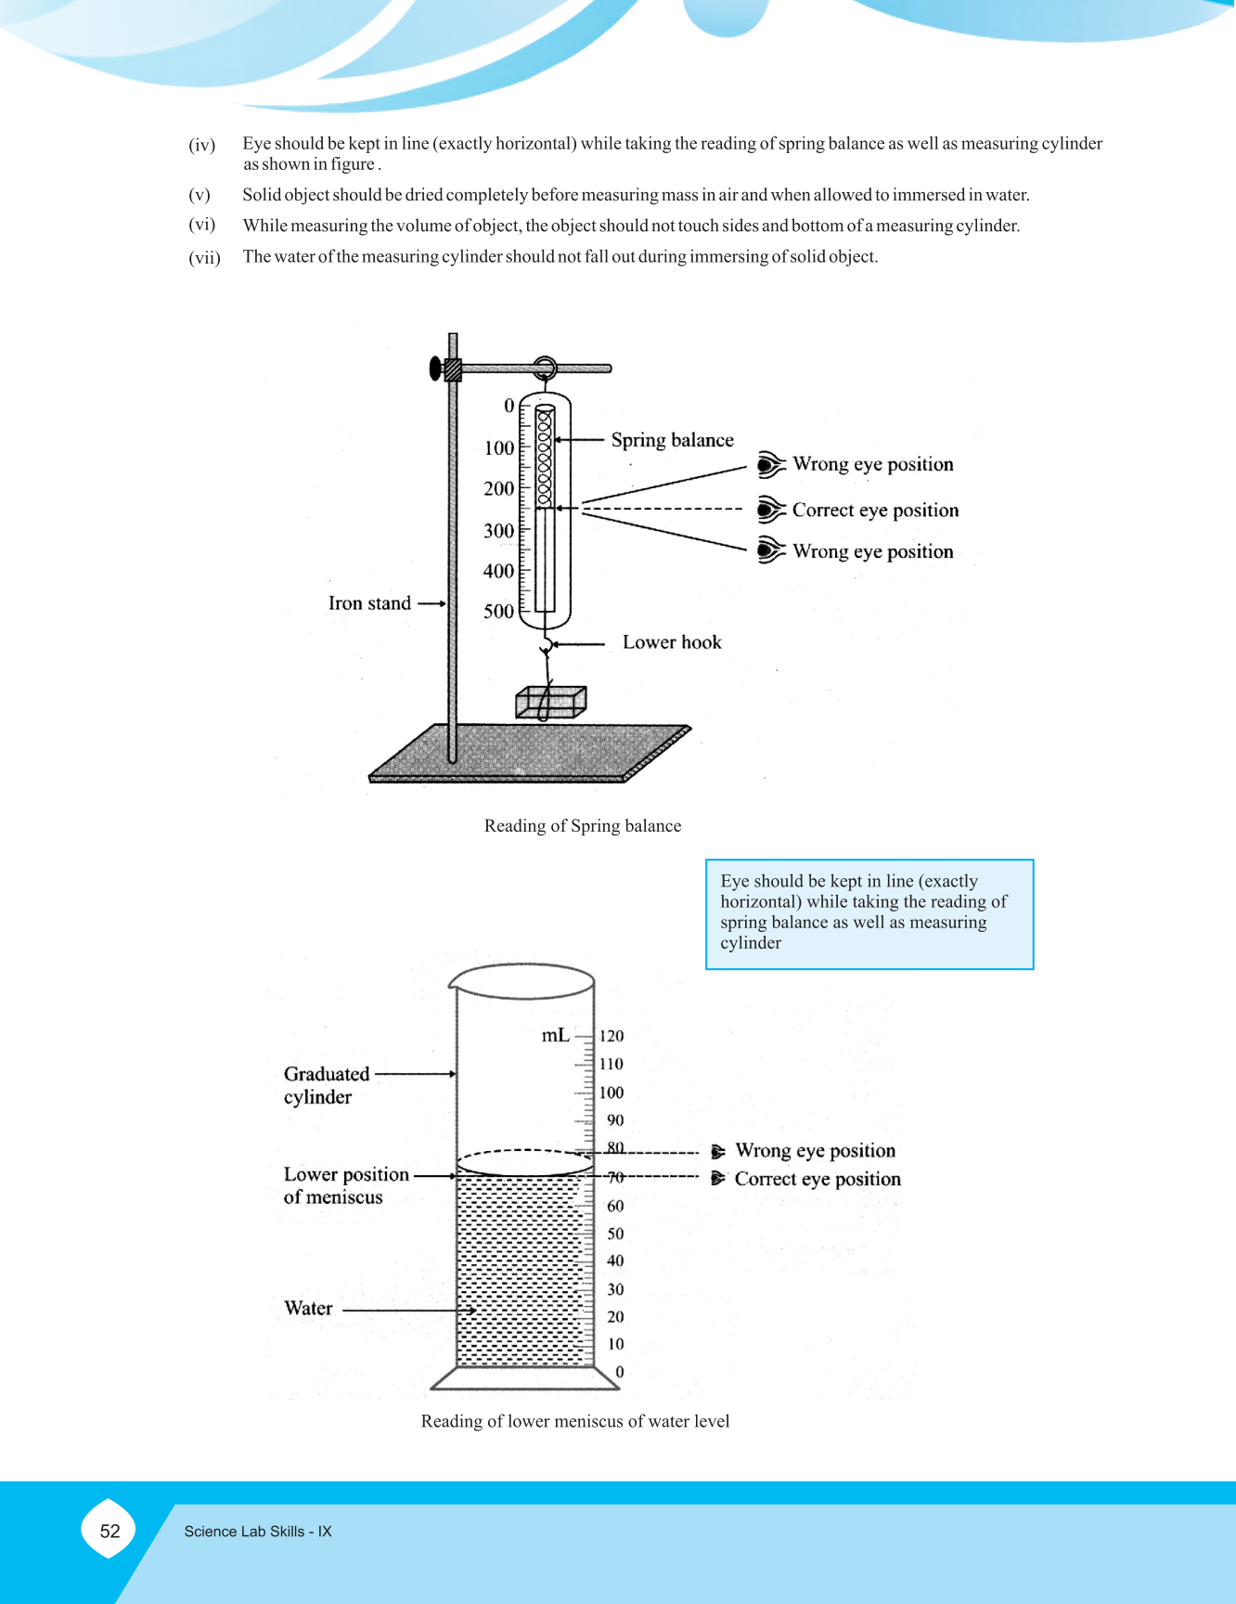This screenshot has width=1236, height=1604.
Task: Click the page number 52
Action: [x=109, y=1532]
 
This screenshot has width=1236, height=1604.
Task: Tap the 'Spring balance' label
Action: [x=672, y=440]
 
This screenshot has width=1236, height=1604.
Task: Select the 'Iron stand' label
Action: [x=369, y=603]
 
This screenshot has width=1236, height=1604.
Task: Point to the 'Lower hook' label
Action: [x=672, y=642]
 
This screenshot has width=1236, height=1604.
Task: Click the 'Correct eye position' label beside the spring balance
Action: [x=875, y=511]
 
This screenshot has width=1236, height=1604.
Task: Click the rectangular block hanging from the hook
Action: [x=551, y=703]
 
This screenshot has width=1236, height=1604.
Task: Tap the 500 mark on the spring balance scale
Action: [x=498, y=611]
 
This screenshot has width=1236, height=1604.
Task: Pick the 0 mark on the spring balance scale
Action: [x=509, y=406]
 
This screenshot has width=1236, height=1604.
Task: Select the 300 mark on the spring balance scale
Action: [x=498, y=530]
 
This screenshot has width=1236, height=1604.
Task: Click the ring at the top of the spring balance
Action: [x=545, y=368]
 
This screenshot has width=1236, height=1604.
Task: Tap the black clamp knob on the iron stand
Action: [x=435, y=369]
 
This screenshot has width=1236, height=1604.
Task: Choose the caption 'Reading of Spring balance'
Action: [x=583, y=826]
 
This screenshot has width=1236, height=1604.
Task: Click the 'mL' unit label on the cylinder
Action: [x=555, y=1035]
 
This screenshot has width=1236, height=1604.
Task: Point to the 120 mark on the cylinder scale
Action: [x=612, y=1036]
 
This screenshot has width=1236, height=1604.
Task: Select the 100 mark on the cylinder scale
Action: [x=612, y=1093]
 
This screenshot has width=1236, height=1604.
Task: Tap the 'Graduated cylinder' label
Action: [x=326, y=1085]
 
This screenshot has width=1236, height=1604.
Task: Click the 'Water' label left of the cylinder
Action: [x=308, y=1309]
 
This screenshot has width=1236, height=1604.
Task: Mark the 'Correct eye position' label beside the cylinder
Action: [x=818, y=1179]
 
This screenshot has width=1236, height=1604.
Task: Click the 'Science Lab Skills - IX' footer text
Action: [x=258, y=1532]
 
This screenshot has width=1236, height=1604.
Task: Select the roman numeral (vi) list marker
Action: [x=201, y=225]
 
